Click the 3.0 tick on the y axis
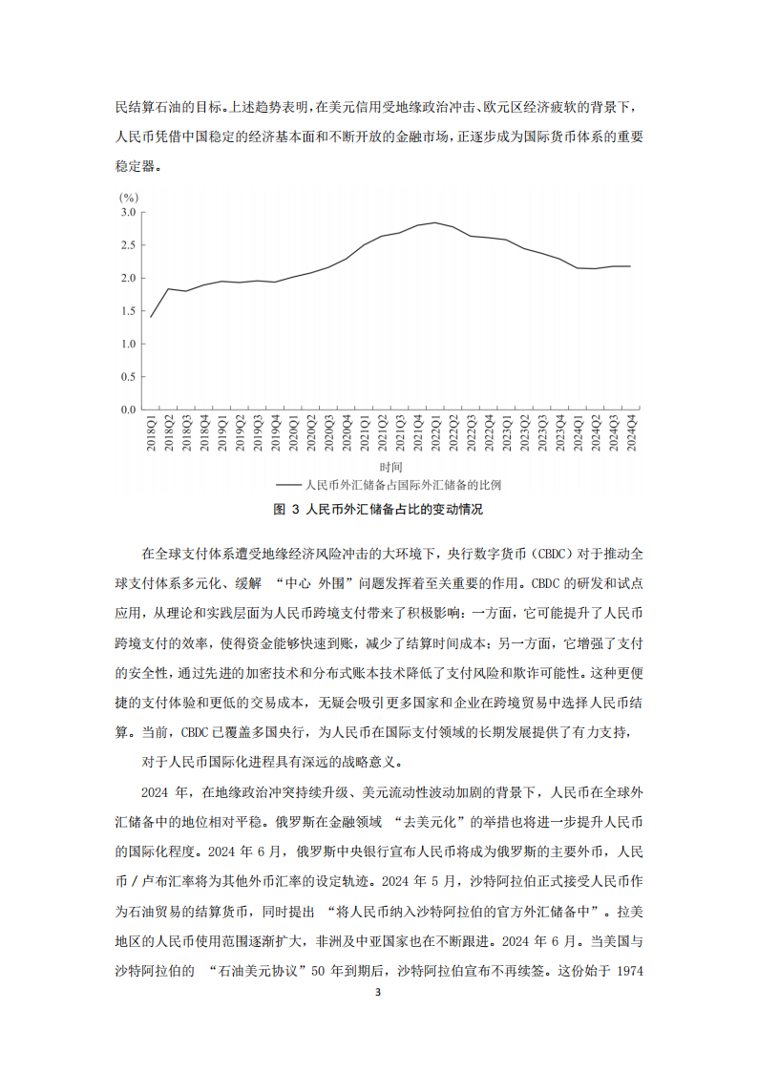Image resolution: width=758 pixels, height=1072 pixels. tap(129, 212)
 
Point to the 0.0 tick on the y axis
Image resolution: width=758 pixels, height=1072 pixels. tap(129, 410)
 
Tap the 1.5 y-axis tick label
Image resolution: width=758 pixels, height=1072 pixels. tap(129, 310)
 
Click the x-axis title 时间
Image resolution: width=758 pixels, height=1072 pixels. tap(390, 467)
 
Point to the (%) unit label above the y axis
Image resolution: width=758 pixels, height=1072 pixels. tap(129, 196)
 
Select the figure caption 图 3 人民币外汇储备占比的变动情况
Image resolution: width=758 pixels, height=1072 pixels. tap(378, 509)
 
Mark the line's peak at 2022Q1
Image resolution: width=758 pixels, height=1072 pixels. tap(435, 222)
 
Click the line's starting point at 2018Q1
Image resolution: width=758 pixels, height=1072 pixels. tap(151, 317)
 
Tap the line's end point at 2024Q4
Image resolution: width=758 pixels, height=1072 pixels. tap(631, 265)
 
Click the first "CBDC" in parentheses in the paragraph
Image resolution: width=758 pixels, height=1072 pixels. tap(568, 554)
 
